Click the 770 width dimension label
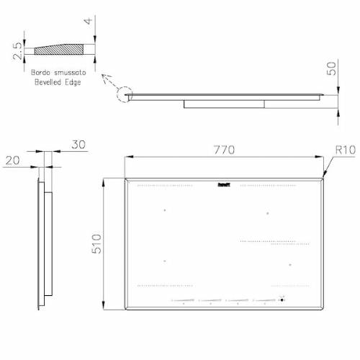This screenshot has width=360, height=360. tap(225, 150)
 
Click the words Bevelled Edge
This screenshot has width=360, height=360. tap(55, 82)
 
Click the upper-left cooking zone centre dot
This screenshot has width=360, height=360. tap(164, 210)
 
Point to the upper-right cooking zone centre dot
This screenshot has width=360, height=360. tap(268, 213)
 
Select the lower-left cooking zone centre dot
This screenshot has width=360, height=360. tap(164, 261)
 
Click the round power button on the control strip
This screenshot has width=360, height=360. tap(282, 301)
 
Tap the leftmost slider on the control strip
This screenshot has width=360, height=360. tap(181, 301)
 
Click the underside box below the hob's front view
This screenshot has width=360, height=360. tap(224, 104)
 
